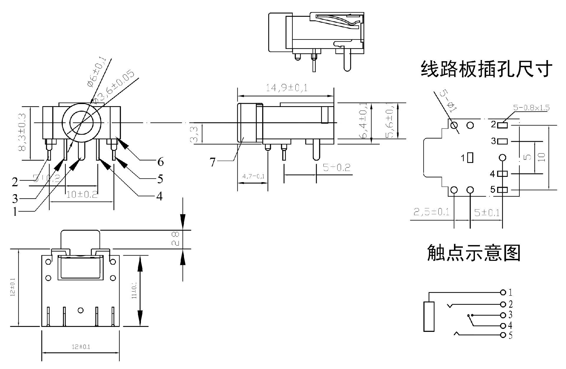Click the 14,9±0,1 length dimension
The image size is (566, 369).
287,88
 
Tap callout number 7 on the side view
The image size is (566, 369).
213,162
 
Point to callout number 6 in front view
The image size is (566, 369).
160,162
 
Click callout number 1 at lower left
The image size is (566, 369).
15,212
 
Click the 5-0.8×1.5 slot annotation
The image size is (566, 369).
531,108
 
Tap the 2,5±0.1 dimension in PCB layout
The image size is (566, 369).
431,212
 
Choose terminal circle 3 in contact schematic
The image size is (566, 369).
503,315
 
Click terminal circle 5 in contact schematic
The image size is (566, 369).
503,335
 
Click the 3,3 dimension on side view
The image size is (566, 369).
195,134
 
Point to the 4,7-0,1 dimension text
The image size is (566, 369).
253,177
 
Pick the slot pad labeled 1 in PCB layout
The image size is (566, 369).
470,158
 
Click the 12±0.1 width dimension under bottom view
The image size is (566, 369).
81,347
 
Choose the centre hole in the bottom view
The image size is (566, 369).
80,310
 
